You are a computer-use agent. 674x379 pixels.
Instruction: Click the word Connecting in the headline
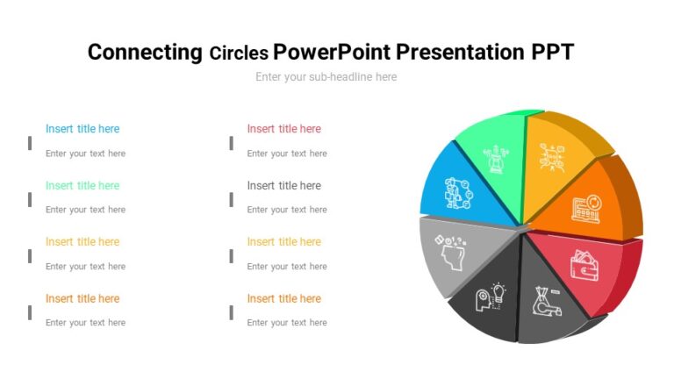[x=145, y=52]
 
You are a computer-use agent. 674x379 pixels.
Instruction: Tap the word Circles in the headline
[x=239, y=53]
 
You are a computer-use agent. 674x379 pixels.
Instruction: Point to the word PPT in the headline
[x=552, y=52]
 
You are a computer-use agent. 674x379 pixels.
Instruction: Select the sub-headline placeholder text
[x=326, y=77]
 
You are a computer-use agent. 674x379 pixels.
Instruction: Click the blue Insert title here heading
[x=82, y=129]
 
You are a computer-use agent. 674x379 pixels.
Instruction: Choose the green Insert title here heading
[x=82, y=186]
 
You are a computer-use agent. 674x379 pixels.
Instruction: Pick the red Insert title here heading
[x=283, y=129]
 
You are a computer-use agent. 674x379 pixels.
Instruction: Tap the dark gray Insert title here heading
[x=283, y=186]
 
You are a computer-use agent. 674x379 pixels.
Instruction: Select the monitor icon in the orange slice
[x=585, y=207]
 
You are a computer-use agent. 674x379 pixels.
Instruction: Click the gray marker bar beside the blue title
[x=30, y=142]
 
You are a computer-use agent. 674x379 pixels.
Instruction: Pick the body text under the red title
[x=287, y=154]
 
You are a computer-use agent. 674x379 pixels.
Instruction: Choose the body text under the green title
[x=85, y=210]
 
